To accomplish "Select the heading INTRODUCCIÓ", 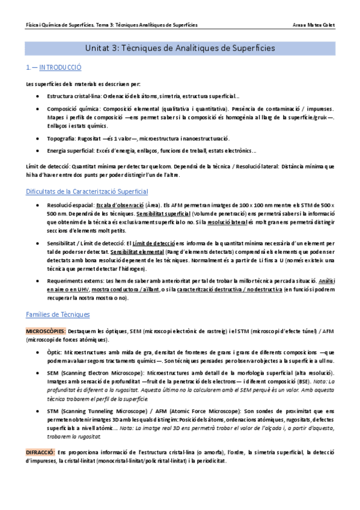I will pos(59,67).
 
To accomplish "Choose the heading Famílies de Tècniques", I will pos(58,314).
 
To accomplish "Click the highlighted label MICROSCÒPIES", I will pos(46,331).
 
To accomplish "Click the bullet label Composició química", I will pos(70,109).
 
